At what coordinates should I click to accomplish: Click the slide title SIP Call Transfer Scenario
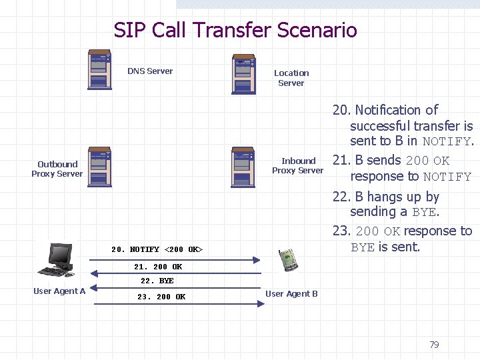tap(235, 30)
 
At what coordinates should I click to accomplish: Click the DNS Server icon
tap(99, 69)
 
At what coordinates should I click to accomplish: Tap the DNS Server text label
tap(150, 71)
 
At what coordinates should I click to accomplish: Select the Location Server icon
tap(243, 75)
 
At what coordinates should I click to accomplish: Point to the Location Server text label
tap(291, 78)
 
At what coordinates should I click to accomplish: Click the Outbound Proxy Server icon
tap(99, 167)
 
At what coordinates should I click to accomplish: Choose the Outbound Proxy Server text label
tap(57, 169)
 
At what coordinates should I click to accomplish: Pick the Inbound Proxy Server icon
tap(243, 167)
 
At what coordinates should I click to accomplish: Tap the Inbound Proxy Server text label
tap(298, 165)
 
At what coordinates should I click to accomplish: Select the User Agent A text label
tap(59, 291)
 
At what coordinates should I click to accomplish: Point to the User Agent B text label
tap(291, 293)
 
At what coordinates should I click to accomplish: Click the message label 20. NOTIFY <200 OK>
tap(157, 249)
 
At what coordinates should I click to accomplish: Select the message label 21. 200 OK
tap(158, 267)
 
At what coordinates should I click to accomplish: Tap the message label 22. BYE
tap(157, 281)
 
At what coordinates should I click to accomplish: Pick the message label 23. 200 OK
tap(161, 297)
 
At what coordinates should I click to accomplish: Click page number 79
tap(434, 345)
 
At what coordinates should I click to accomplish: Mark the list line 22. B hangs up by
tap(386, 197)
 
